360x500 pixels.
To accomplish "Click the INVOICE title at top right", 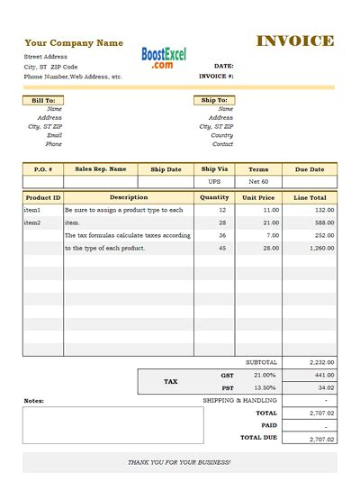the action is (295, 41).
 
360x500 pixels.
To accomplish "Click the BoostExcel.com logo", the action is (164, 59).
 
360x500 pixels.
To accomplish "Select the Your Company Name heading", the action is (74, 43).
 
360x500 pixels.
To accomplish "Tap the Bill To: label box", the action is (43, 100).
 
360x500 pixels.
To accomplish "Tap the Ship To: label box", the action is (214, 100).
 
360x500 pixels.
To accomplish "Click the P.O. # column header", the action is (43, 169).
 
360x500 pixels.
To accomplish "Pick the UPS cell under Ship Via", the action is (214, 181).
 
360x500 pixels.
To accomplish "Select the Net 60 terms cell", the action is (258, 181).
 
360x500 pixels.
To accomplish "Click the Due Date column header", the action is (310, 169).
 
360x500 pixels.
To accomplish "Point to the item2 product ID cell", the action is (32, 222).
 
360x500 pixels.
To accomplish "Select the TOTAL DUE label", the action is (258, 438).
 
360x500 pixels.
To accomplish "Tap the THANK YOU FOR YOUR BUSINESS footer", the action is (179, 462).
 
